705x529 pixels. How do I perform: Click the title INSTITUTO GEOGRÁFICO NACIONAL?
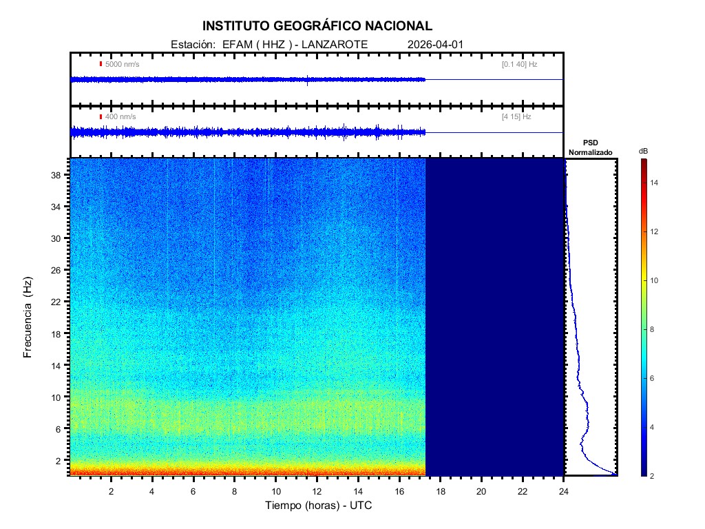[x=317, y=26]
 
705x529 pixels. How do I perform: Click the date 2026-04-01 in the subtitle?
[x=436, y=45]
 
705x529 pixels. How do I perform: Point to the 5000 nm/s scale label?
[x=122, y=64]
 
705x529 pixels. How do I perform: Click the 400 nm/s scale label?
[x=120, y=117]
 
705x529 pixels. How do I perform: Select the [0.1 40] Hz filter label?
[x=519, y=64]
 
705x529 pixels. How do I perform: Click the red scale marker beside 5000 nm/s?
[x=101, y=64]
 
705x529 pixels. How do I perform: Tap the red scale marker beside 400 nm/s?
[x=101, y=117]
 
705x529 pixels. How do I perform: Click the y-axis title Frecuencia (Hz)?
[x=28, y=317]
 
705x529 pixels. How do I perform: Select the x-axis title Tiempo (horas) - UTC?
[x=319, y=506]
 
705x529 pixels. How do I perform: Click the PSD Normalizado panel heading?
[x=590, y=147]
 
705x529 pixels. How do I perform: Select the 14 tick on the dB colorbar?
[x=656, y=183]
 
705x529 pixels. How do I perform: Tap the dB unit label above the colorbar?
[x=643, y=151]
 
